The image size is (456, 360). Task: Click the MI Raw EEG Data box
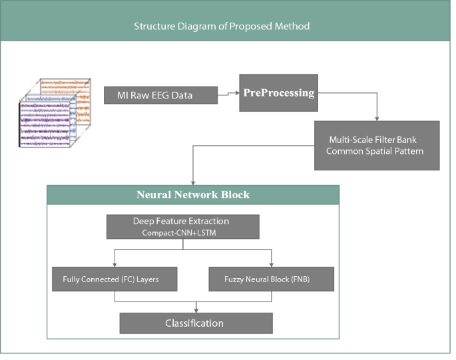coord(161,95)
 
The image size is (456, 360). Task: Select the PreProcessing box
coord(278,92)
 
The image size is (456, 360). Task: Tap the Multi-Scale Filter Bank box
coord(377,145)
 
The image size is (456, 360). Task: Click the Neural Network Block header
coord(193,195)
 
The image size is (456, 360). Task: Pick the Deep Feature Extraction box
coord(182,227)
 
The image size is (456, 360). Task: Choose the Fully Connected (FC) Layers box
coord(114,279)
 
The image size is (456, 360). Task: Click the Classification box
coord(195,323)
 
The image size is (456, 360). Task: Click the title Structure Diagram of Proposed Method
coord(222,27)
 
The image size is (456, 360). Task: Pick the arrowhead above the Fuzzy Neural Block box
coord(270,264)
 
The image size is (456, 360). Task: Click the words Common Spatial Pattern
coord(377,152)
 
